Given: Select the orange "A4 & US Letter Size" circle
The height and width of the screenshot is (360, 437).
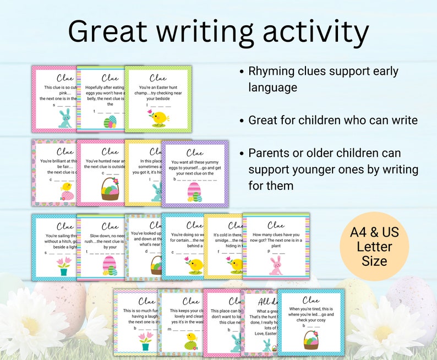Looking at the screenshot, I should point(374,246).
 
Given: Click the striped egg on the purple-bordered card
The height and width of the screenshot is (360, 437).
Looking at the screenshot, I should point(195,192).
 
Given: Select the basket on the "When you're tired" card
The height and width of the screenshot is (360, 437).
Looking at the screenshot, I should point(311,339).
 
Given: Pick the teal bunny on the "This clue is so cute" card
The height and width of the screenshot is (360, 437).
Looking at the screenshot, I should point(65,118).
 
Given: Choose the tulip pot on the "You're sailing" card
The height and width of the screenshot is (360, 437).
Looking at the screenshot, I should point(63,266).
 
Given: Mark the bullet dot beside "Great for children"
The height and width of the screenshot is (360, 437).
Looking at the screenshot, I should point(242,120).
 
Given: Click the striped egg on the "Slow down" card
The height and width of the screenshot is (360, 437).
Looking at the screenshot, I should point(110,266).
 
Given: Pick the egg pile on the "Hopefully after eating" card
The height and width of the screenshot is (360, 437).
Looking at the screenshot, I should point(111,121).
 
